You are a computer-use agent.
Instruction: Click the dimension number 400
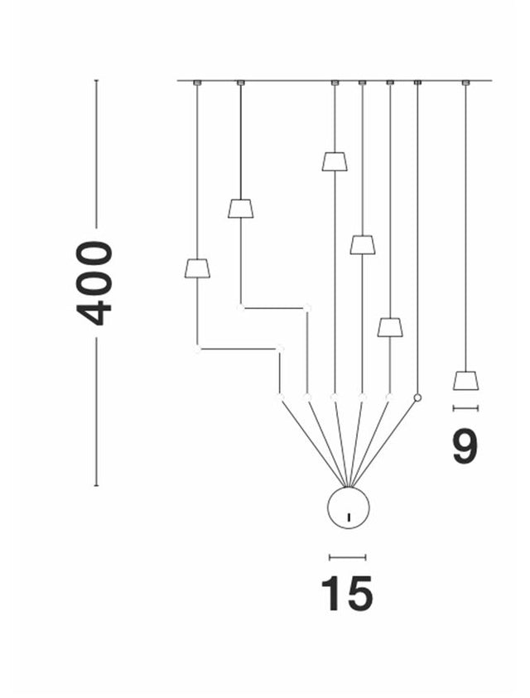click(94, 282)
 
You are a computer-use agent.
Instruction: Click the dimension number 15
click(347, 593)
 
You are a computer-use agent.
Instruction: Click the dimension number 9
click(465, 446)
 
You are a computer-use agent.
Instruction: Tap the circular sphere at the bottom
click(348, 508)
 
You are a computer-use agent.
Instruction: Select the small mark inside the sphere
click(349, 517)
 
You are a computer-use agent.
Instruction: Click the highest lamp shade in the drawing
click(335, 161)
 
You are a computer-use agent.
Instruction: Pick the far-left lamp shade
click(197, 268)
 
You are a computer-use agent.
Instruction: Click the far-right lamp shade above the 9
click(465, 380)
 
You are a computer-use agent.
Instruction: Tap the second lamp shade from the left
click(240, 209)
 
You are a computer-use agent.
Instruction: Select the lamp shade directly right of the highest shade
click(362, 245)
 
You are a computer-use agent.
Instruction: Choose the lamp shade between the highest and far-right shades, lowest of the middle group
click(390, 328)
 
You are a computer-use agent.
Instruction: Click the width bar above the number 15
click(347, 557)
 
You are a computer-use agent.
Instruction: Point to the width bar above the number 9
click(465, 407)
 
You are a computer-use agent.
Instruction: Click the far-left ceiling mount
click(197, 83)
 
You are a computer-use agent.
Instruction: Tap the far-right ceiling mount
click(465, 83)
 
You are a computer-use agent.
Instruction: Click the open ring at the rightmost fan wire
click(417, 398)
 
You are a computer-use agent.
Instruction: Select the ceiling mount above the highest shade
click(335, 83)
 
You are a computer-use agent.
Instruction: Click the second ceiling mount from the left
click(240, 83)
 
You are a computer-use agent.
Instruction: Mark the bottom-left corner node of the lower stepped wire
click(198, 349)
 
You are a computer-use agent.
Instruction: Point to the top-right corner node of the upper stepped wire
click(307, 308)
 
